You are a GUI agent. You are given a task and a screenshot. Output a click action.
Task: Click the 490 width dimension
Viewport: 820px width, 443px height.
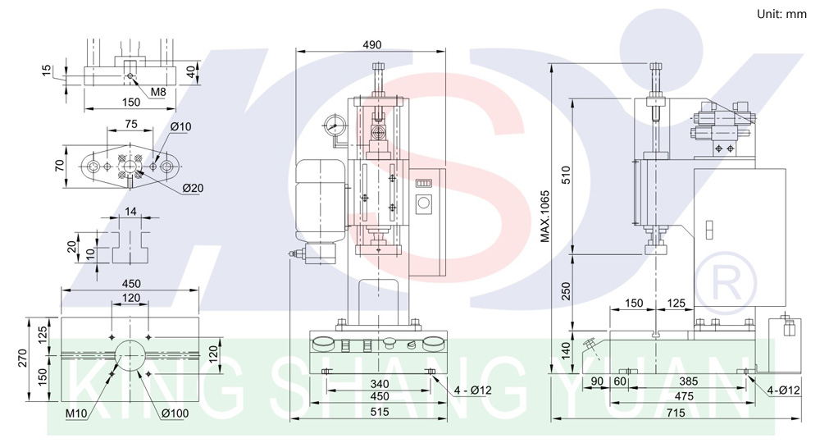click(371, 45)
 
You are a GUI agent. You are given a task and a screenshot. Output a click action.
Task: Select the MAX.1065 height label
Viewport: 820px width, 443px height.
click(545, 216)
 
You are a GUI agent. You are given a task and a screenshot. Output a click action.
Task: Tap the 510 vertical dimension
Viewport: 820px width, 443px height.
click(566, 175)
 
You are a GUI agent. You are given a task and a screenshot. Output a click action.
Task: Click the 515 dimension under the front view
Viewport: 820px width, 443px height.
click(379, 412)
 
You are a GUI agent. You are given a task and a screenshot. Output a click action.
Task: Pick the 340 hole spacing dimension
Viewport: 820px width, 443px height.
click(379, 385)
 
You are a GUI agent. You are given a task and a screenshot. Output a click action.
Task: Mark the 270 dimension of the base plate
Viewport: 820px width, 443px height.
click(22, 358)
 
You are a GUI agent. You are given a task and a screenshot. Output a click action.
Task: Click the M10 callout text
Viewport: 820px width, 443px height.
click(76, 413)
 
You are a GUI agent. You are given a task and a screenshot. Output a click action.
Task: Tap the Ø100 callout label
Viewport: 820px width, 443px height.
click(175, 413)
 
